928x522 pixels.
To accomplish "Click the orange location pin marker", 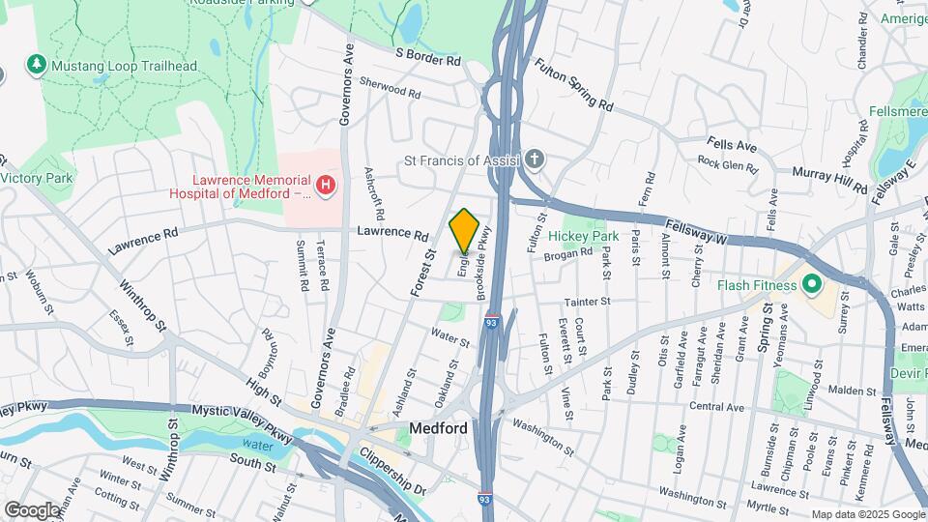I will pyautogui.click(x=464, y=231).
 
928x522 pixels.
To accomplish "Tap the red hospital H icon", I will pyautogui.click(x=327, y=184).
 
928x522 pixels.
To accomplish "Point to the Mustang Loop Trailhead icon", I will pyautogui.click(x=37, y=65).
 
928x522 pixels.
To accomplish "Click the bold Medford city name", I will pyautogui.click(x=438, y=428).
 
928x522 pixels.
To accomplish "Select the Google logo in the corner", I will pyautogui.click(x=31, y=509).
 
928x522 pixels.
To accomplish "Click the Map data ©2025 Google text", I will pyautogui.click(x=868, y=514).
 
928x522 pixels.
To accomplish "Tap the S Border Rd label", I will pyautogui.click(x=427, y=58).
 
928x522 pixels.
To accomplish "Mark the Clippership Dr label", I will pyautogui.click(x=391, y=469).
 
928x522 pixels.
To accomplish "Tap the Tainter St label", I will pyautogui.click(x=588, y=302).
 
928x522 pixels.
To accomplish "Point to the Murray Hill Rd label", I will pyautogui.click(x=828, y=177).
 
